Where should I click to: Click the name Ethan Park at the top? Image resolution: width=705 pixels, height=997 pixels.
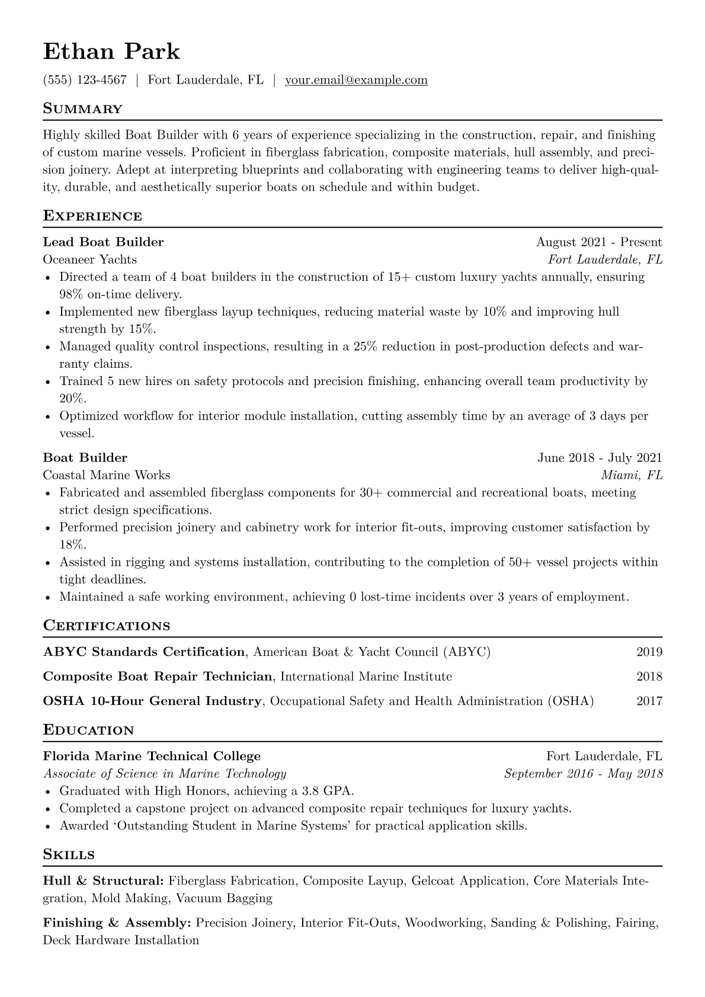(111, 52)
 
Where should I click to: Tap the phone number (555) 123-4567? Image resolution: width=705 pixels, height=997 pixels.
(85, 80)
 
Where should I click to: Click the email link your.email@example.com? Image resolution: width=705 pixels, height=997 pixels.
(356, 80)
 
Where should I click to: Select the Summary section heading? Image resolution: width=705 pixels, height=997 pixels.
(82, 109)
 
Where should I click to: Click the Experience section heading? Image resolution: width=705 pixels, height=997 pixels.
(92, 216)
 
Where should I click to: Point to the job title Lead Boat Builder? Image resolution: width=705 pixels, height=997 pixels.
(103, 242)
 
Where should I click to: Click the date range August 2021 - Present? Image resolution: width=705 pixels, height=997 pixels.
(599, 242)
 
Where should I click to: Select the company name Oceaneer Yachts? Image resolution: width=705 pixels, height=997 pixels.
(89, 259)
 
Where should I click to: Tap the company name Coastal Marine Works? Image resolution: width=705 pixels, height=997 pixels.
(106, 475)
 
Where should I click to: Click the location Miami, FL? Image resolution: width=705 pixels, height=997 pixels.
(632, 475)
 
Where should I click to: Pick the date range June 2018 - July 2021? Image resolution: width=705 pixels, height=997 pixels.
(600, 457)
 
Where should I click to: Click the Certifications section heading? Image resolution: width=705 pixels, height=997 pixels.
(107, 626)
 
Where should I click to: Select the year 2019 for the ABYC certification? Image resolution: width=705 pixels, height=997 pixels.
(649, 652)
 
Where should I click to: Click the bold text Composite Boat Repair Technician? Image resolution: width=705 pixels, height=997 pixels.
(158, 677)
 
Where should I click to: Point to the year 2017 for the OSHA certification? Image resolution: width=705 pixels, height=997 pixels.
(649, 701)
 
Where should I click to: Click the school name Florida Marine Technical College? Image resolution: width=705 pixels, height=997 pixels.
(152, 756)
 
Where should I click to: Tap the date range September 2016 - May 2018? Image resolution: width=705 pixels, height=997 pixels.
(583, 774)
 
